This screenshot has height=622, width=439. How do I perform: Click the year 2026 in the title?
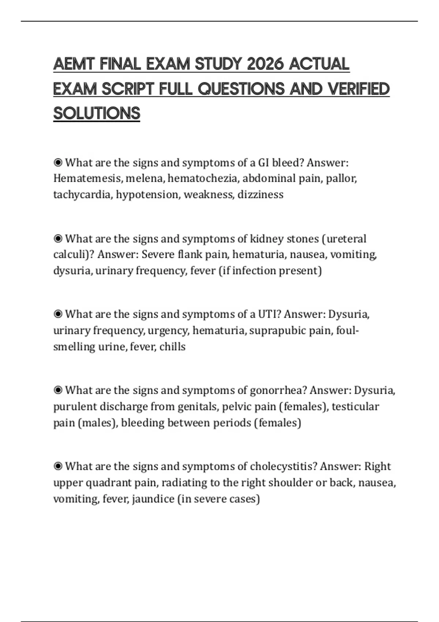pyautogui.click(x=265, y=64)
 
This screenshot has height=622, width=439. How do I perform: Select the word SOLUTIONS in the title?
pyautogui.click(x=97, y=113)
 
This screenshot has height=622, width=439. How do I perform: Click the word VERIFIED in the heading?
pyautogui.click(x=359, y=89)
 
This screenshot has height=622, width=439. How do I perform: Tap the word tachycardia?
pyautogui.click(x=82, y=195)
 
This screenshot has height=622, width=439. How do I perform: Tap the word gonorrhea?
pyautogui.click(x=278, y=390)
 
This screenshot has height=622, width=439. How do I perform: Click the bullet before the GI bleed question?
pyautogui.click(x=58, y=162)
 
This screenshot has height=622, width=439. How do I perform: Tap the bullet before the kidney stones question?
pyautogui.click(x=58, y=239)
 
